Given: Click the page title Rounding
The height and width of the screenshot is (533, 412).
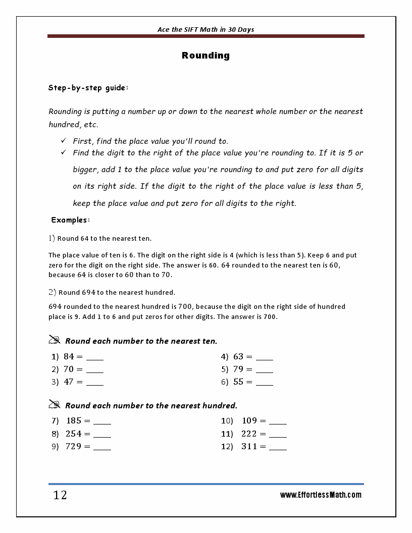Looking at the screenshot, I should click(x=205, y=56).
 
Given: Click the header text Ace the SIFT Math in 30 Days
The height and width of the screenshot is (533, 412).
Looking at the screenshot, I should click(x=205, y=29).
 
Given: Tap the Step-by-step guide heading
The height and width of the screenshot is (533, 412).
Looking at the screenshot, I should click(x=88, y=88).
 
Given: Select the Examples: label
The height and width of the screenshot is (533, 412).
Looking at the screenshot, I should click(x=71, y=220).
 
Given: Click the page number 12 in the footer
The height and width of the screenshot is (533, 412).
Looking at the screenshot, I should click(x=60, y=495).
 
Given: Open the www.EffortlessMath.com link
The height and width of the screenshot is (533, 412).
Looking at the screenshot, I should click(x=321, y=495).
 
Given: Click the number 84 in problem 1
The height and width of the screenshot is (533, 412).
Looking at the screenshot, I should click(x=69, y=356).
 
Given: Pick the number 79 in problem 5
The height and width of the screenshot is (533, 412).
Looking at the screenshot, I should click(x=238, y=369).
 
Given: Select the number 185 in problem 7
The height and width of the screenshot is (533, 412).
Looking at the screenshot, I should click(x=74, y=420).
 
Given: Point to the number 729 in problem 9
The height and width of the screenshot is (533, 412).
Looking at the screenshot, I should click(x=74, y=446).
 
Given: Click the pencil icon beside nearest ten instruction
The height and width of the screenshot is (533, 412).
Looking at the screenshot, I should click(x=55, y=340).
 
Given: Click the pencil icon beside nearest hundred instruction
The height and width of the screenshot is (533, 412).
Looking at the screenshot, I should click(x=55, y=404).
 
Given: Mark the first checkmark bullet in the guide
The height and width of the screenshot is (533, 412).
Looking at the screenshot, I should click(x=64, y=141).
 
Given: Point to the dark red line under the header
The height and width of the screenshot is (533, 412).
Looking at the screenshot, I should click(x=205, y=36).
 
